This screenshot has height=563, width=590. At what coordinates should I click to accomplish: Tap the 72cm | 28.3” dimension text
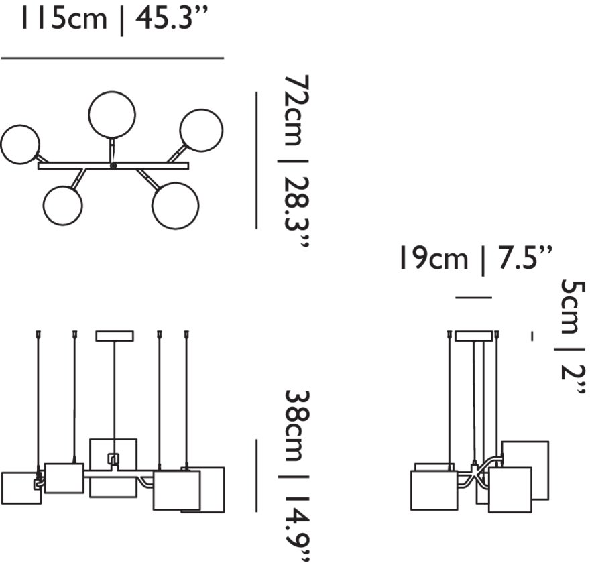(x=296, y=162)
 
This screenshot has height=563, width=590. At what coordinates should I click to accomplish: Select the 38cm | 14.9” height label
(x=297, y=475)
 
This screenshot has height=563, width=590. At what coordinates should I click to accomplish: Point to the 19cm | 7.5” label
(x=475, y=259)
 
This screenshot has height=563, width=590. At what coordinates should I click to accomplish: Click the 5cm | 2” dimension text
(x=573, y=337)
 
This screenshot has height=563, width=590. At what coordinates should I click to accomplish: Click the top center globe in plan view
(x=112, y=115)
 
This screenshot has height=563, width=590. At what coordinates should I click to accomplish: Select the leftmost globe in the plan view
(x=19, y=144)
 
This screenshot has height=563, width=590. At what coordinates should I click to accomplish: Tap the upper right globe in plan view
(x=201, y=130)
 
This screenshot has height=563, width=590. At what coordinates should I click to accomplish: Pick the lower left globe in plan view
(x=62, y=205)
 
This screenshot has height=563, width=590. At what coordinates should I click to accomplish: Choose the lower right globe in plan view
(x=176, y=206)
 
